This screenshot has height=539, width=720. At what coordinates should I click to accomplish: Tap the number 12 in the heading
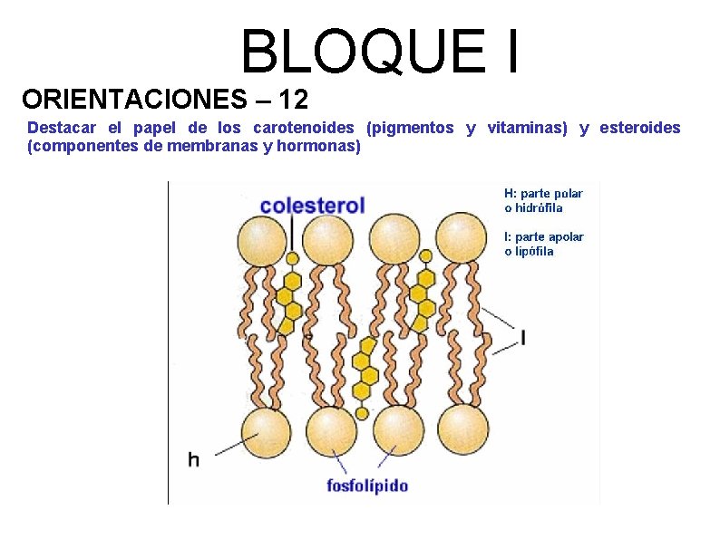pos(294,97)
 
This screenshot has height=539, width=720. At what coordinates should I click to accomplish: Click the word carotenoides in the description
pos(304,128)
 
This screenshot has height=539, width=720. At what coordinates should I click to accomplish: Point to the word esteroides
pos(638,128)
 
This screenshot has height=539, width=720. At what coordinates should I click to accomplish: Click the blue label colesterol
pos(312,205)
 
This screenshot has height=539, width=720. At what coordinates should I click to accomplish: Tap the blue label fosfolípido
pos(367,485)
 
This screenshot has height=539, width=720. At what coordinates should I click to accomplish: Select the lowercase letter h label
pos(193,459)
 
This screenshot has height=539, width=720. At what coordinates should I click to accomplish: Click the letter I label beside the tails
pos(523,338)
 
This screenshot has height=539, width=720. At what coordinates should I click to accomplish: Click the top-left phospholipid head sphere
pos(262,240)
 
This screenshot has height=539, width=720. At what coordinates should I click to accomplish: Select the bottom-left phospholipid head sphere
pos(267,431)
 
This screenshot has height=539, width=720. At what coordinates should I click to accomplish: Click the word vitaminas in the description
pos(526,128)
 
